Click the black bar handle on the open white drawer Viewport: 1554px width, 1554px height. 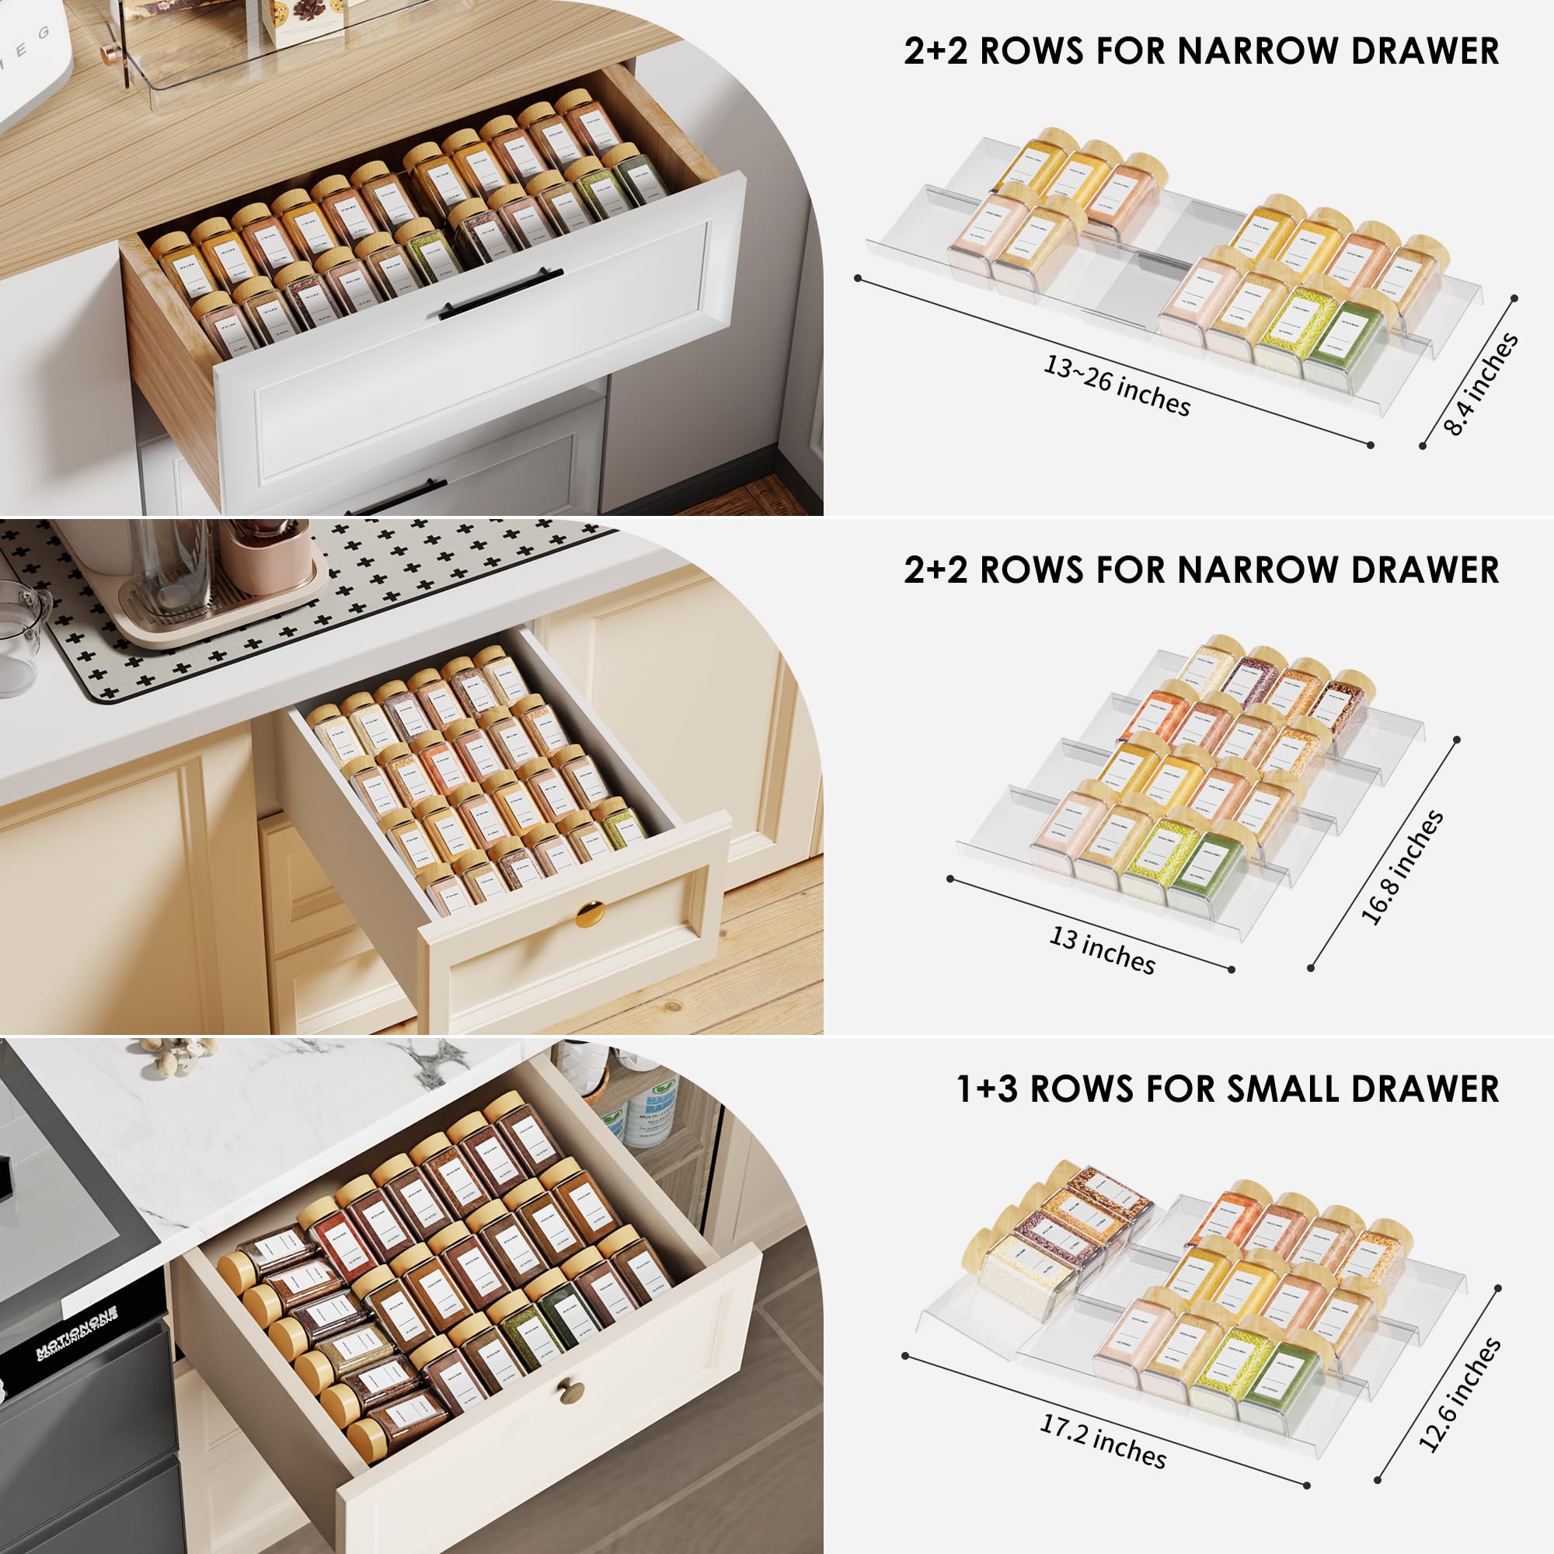pyautogui.click(x=500, y=294)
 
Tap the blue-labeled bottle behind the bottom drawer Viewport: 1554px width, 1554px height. pyautogui.click(x=650, y=1106)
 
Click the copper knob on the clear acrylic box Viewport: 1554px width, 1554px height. pyautogui.click(x=106, y=54)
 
